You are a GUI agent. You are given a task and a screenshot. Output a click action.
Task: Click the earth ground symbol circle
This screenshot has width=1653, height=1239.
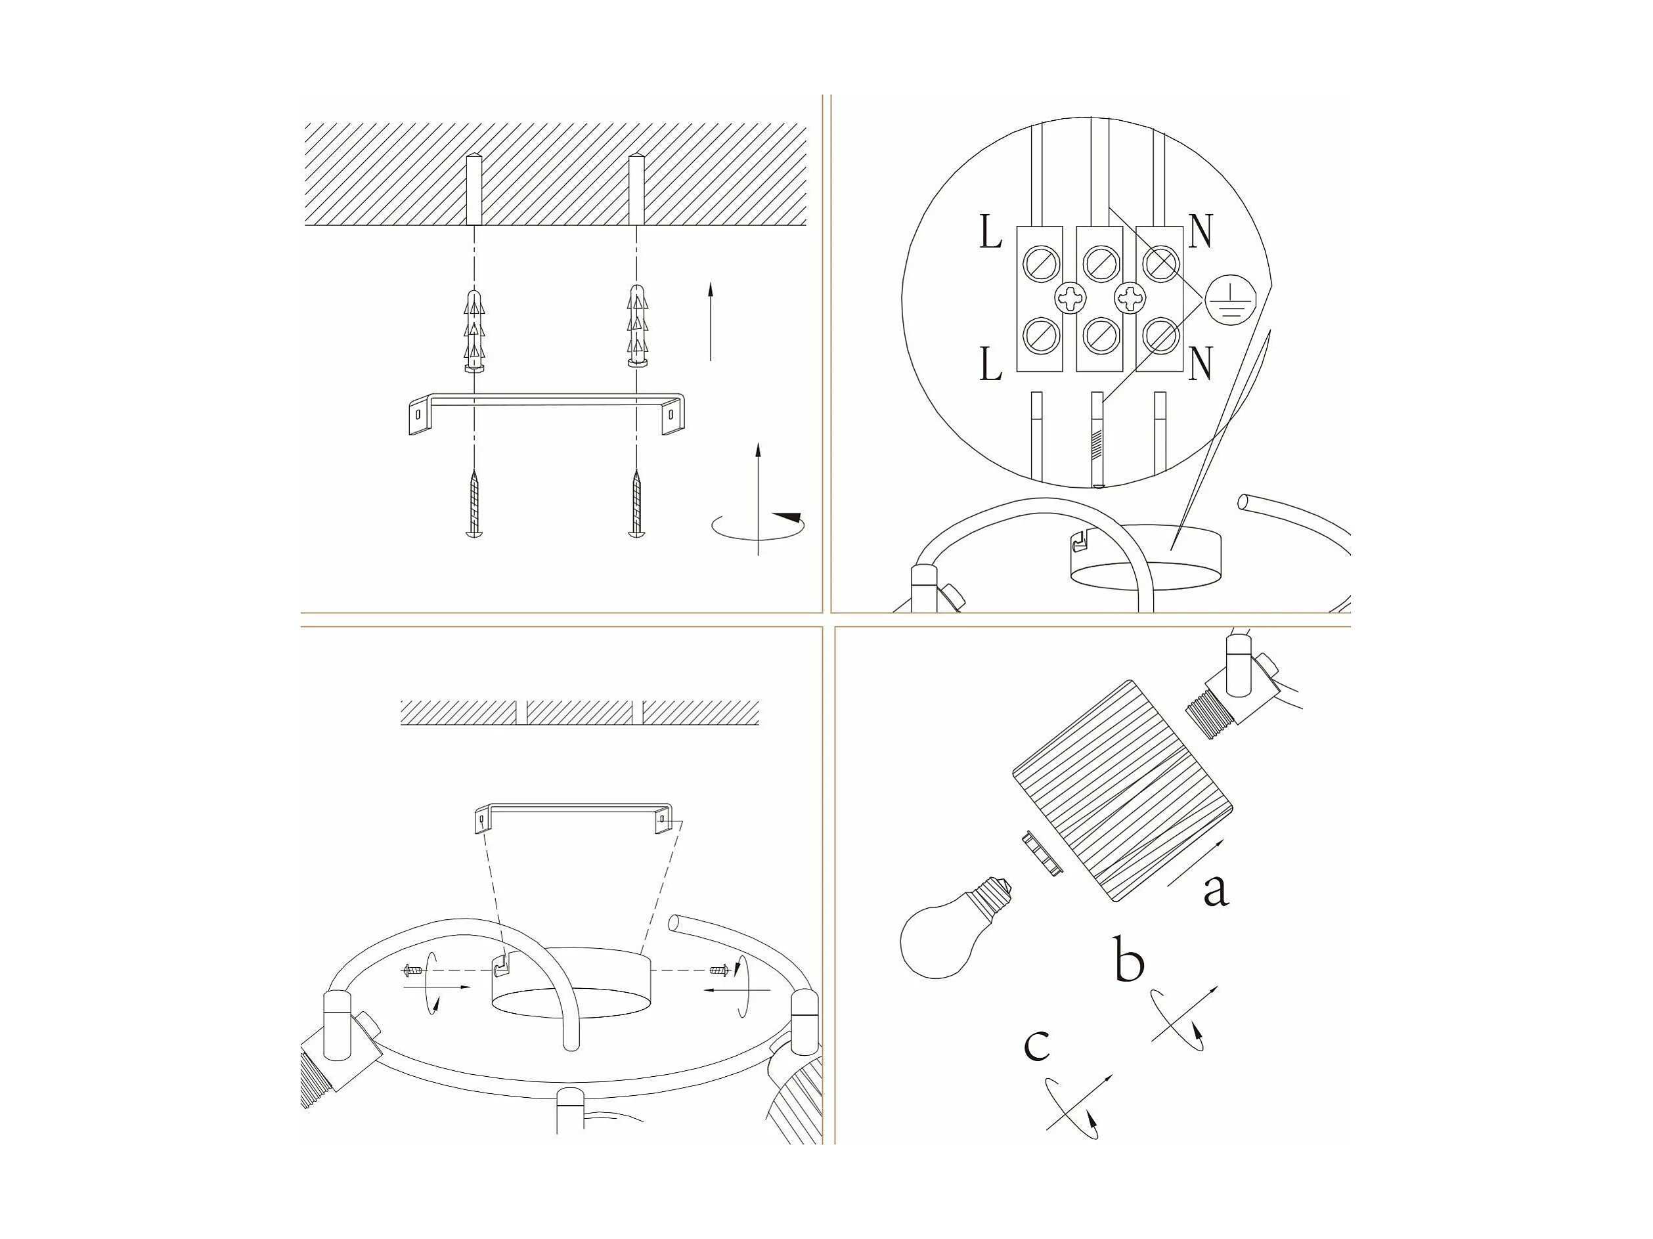tap(1225, 301)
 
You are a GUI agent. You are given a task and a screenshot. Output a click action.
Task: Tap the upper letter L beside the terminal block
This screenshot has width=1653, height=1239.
tap(990, 233)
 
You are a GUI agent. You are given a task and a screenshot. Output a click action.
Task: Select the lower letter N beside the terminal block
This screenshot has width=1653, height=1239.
tap(1199, 364)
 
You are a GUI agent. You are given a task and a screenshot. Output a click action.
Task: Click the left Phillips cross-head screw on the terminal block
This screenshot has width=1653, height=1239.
tap(1069, 299)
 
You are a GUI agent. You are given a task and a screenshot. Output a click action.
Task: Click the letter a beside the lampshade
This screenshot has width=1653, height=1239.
tap(1216, 890)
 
